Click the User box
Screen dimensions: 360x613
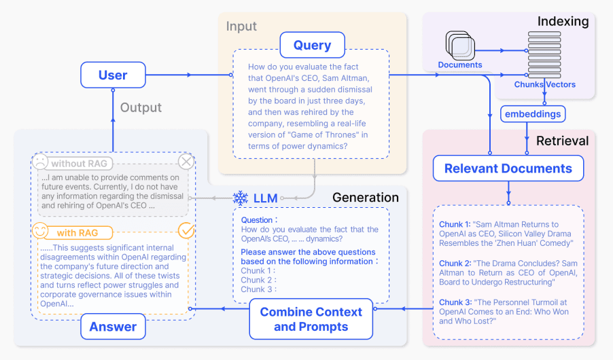(113, 75)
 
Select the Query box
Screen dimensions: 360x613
(312, 46)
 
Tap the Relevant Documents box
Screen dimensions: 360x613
(508, 168)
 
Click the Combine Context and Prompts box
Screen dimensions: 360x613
(311, 319)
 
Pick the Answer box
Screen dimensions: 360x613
(113, 327)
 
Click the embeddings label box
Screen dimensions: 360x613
(533, 113)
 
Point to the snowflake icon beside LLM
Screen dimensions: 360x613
(240, 198)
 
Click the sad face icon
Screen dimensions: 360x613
(40, 162)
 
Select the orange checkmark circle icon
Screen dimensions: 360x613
(186, 231)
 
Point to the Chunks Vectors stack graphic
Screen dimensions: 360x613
(544, 54)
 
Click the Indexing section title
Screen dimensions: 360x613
(563, 22)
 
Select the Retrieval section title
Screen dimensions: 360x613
(562, 141)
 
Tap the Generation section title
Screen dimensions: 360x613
(365, 198)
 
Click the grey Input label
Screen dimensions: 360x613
(241, 26)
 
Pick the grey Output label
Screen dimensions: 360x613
(141, 107)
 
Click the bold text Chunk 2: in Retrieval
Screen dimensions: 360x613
(455, 264)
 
